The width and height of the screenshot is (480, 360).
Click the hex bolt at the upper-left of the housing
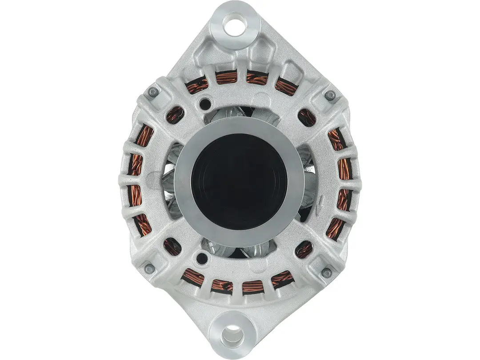153,92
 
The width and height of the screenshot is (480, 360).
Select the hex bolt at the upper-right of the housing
330,95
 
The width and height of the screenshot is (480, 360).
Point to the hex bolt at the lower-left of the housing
150,269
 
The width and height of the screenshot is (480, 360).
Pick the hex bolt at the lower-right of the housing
327,273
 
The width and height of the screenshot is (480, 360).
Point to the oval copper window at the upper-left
175,115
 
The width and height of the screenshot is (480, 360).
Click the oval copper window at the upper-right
307,118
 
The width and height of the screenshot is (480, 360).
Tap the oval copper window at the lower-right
304,250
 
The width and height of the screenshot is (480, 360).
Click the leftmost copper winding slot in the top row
197,84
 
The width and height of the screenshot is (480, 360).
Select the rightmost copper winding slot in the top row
286,86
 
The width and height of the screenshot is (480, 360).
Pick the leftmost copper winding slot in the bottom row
193,276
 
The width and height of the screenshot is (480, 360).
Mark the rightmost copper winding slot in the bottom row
282,279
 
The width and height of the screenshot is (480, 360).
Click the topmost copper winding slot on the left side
144,135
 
